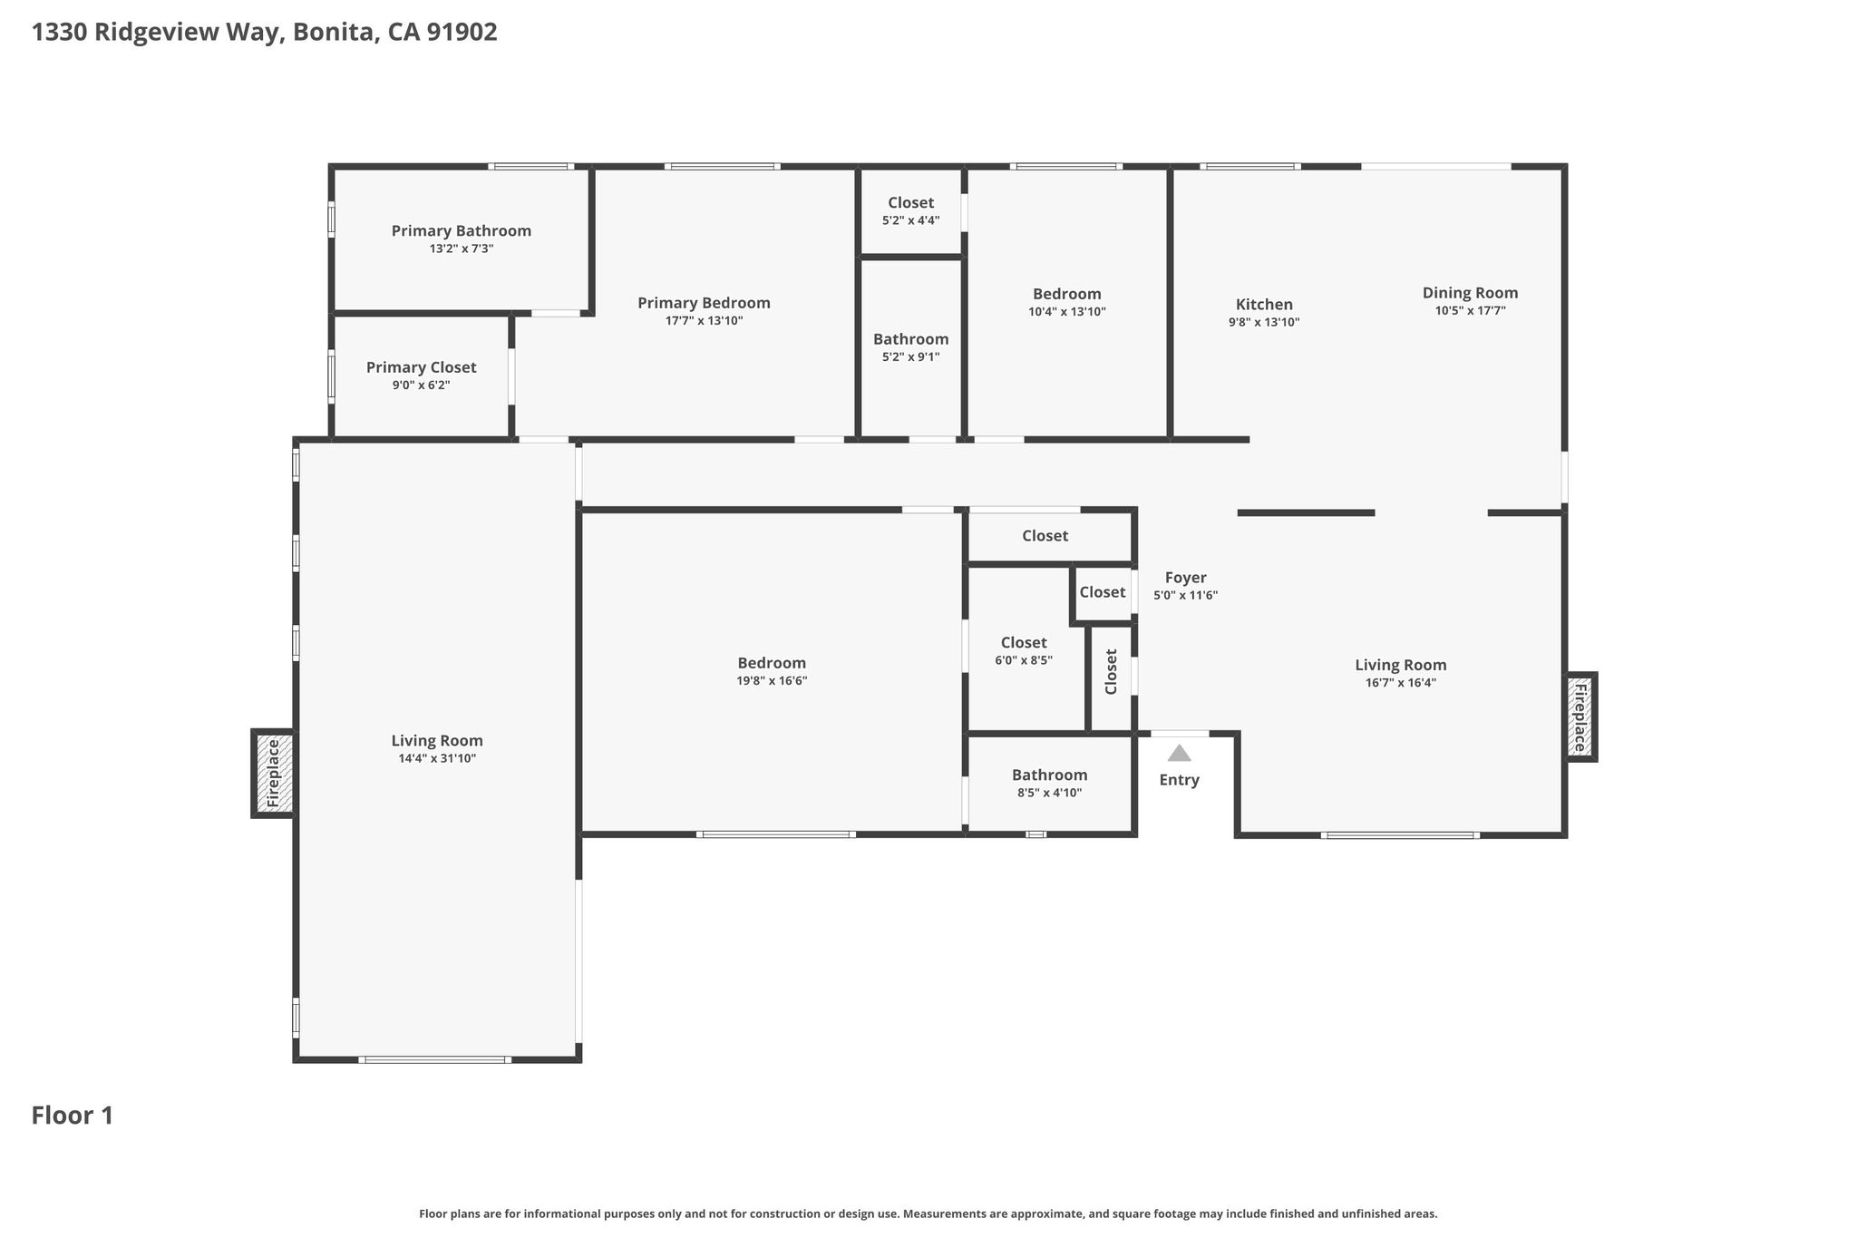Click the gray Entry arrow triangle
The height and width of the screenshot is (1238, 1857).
click(x=1179, y=753)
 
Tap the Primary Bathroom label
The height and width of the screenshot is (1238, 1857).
click(x=462, y=231)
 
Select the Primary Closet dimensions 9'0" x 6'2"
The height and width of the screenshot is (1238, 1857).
click(x=421, y=385)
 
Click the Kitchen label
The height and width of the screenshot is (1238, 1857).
click(x=1264, y=305)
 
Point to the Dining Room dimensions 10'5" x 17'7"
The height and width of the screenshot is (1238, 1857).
click(x=1470, y=310)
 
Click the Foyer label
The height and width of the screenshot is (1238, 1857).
click(x=1185, y=579)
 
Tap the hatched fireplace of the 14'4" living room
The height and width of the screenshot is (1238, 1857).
click(x=274, y=774)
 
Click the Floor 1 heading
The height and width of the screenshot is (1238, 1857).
click(x=73, y=1116)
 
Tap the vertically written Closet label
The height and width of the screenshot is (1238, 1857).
click(x=1112, y=671)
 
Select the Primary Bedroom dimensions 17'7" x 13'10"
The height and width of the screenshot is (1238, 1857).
click(x=704, y=320)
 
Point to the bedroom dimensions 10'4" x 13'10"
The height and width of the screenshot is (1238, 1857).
click(x=1067, y=311)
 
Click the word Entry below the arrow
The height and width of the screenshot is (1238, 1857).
click(x=1179, y=780)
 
